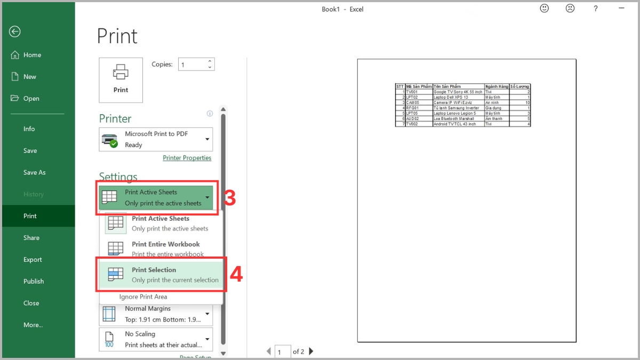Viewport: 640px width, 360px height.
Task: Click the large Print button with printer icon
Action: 121,80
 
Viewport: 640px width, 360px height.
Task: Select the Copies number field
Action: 192,65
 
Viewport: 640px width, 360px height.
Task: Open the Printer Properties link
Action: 187,158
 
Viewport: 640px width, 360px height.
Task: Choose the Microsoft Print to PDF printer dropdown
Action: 156,139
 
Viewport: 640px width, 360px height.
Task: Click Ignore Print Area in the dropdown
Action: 143,297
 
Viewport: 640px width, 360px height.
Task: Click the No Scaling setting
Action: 156,339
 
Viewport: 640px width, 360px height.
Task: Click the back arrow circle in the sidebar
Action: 14,31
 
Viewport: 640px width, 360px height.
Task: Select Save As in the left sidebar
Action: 35,172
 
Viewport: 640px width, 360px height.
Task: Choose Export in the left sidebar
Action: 33,260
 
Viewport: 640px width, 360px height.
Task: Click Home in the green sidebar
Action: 32,55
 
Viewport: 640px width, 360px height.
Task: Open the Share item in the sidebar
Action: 31,238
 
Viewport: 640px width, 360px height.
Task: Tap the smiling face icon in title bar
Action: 545,9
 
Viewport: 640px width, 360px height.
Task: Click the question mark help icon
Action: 596,9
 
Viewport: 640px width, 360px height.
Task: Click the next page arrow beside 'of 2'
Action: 311,351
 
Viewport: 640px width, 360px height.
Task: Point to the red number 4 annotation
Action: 236,275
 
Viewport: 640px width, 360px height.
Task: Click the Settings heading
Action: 118,177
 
